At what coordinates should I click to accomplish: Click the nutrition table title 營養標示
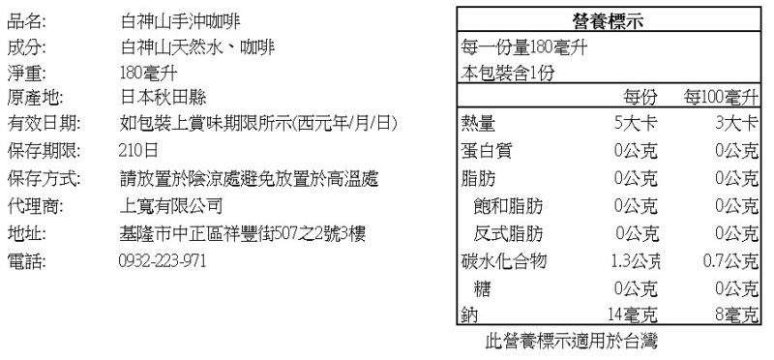(609, 20)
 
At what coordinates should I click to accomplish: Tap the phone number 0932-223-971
(162, 260)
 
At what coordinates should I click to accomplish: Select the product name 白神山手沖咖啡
(180, 21)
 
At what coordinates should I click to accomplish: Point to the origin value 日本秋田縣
(163, 98)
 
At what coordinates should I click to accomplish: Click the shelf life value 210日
(138, 150)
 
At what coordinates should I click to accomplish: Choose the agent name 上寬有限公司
(171, 205)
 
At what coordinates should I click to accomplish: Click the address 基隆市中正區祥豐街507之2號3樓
(243, 232)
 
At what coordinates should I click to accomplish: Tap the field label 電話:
(27, 260)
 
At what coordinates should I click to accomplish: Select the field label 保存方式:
(44, 178)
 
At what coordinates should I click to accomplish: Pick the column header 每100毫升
(720, 98)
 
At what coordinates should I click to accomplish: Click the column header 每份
(640, 98)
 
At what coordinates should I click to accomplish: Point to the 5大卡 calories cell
(636, 123)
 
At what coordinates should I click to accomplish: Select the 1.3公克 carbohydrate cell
(636, 260)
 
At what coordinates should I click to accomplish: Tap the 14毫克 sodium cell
(633, 315)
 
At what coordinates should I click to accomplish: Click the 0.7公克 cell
(730, 260)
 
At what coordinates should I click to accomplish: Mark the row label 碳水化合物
(503, 260)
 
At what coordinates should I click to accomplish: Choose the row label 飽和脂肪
(508, 205)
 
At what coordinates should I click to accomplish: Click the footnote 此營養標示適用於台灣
(572, 341)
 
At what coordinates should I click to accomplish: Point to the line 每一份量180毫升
(524, 47)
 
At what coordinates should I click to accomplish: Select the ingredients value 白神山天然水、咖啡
(197, 47)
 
